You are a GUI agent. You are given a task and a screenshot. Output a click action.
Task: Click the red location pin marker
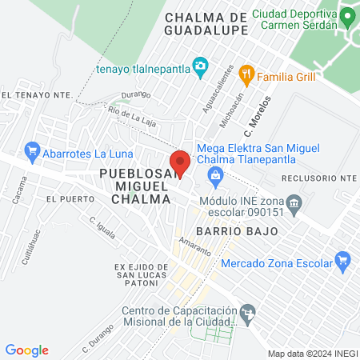(x=180, y=163)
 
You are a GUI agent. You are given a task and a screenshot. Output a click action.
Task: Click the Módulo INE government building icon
(x=294, y=203)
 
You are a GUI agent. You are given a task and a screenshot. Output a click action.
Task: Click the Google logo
(x=27, y=350)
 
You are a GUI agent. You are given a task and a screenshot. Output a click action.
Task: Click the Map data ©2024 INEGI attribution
(x=312, y=353)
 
